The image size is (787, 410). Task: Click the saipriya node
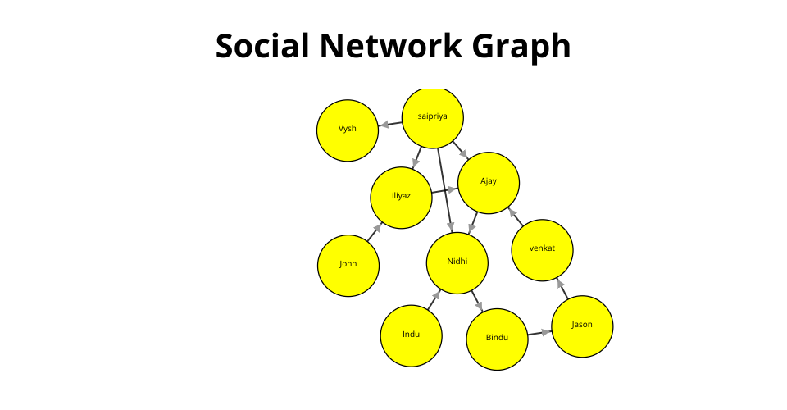point(433,118)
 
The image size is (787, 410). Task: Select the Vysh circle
point(348,130)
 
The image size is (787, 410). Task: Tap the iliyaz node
point(401,198)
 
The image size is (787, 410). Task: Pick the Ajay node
point(489,183)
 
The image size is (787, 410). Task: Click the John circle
point(348,266)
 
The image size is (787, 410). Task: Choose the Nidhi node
point(457,263)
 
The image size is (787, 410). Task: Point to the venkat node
point(542,250)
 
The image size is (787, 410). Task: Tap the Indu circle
point(411,335)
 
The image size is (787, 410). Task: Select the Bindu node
point(497,339)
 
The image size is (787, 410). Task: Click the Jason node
point(582,326)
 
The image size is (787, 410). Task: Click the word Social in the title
point(262,46)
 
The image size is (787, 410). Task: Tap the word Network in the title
point(390,46)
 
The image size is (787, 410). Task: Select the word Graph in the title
point(521,48)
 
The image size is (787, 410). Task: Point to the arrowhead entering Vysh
point(384,125)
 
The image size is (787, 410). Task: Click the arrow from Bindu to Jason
point(539,333)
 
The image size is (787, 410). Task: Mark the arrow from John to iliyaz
point(375,232)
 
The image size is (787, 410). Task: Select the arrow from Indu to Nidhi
point(434,299)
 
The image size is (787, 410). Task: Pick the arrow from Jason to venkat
point(562,289)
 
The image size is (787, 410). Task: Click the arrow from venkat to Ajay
point(516,216)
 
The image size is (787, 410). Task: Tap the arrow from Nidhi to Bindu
point(477,301)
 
